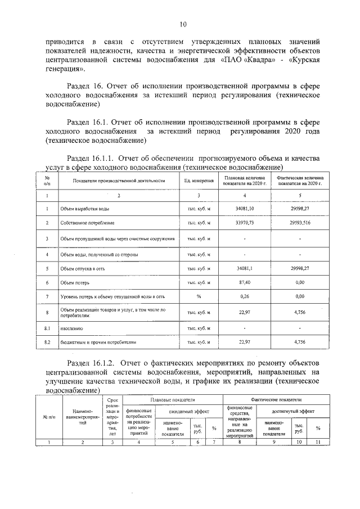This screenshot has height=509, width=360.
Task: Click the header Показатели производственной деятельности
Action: pyautogui.click(x=119, y=181)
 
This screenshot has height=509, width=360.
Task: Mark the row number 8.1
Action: pyautogui.click(x=47, y=327)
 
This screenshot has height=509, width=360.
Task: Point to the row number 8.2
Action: pyautogui.click(x=47, y=341)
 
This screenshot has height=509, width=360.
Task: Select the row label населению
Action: pyautogui.click(x=71, y=327)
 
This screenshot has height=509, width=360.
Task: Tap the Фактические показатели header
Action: pyautogui.click(x=276, y=399)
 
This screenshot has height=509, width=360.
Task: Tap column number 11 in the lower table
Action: pyautogui.click(x=318, y=442)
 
